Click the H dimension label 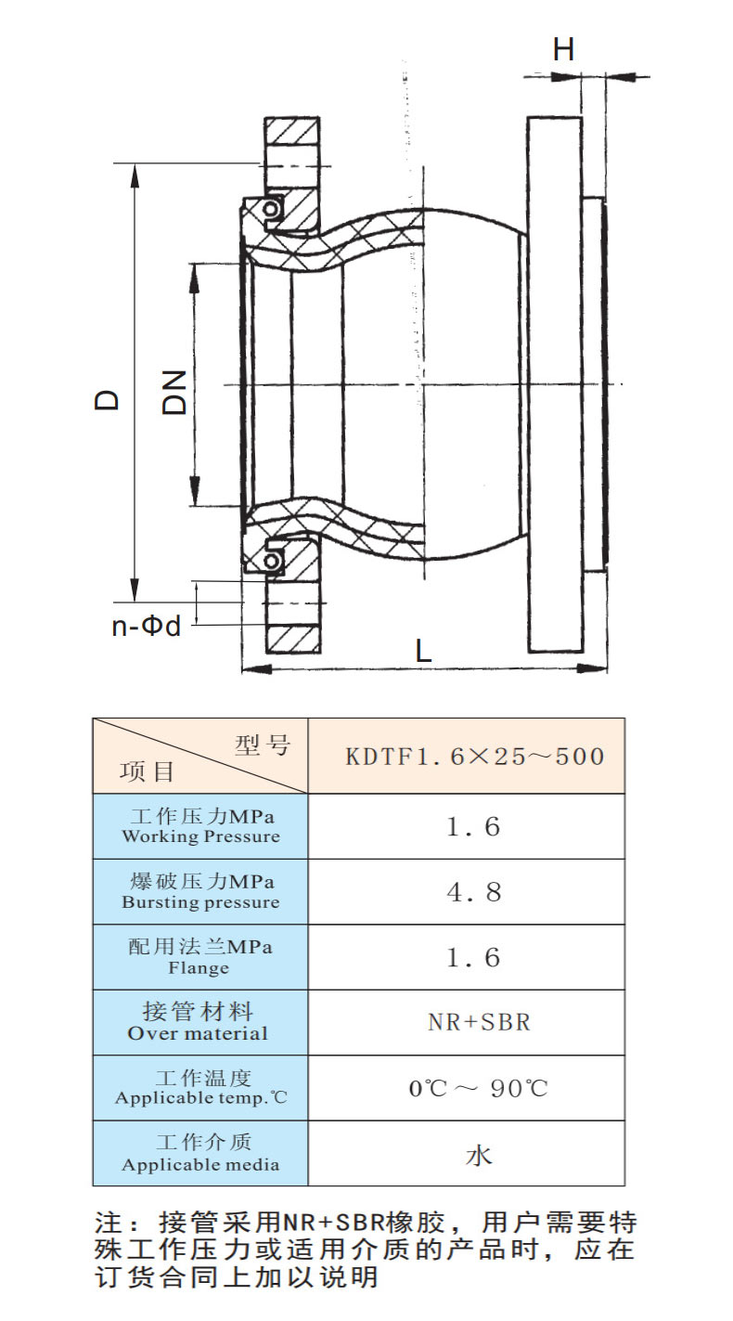[x=563, y=49]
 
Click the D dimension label [x=108, y=400]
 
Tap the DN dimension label [x=175, y=393]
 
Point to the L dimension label [x=424, y=651]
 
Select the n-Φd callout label [x=146, y=626]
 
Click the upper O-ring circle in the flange [x=270, y=209]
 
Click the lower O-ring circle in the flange [x=272, y=561]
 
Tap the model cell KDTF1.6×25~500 [x=475, y=756]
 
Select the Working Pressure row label [x=201, y=826]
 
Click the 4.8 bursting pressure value [x=474, y=892]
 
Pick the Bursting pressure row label [x=201, y=892]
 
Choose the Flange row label [x=199, y=956]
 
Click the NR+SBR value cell [x=479, y=1023]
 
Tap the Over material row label [x=198, y=1022]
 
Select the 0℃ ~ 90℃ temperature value [x=479, y=1088]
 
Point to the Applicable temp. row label [x=201, y=1087]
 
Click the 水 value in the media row [x=478, y=1154]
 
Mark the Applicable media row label [x=201, y=1153]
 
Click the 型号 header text [x=263, y=745]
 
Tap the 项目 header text [x=147, y=771]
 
